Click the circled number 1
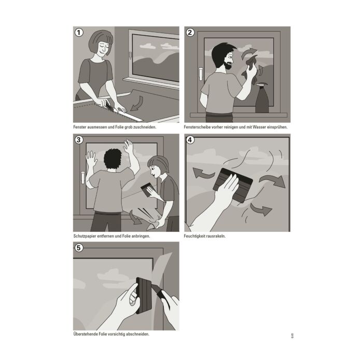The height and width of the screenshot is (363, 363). click(79, 32)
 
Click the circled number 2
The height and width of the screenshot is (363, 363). click(190, 32)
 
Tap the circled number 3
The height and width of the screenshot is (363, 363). click(79, 140)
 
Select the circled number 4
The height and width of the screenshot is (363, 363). click(190, 140)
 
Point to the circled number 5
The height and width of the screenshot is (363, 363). click(79, 248)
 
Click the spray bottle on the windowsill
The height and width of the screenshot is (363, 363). click(262, 98)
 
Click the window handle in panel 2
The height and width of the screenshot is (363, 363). click(201, 74)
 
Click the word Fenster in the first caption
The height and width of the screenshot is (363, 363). click(80, 127)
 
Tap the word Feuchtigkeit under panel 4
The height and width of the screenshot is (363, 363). click(196, 236)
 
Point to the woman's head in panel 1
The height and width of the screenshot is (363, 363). click(101, 43)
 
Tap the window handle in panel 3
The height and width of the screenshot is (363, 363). click(82, 178)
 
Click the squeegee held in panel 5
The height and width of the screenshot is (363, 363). click(144, 296)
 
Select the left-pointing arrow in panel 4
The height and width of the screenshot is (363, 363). click(202, 173)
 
